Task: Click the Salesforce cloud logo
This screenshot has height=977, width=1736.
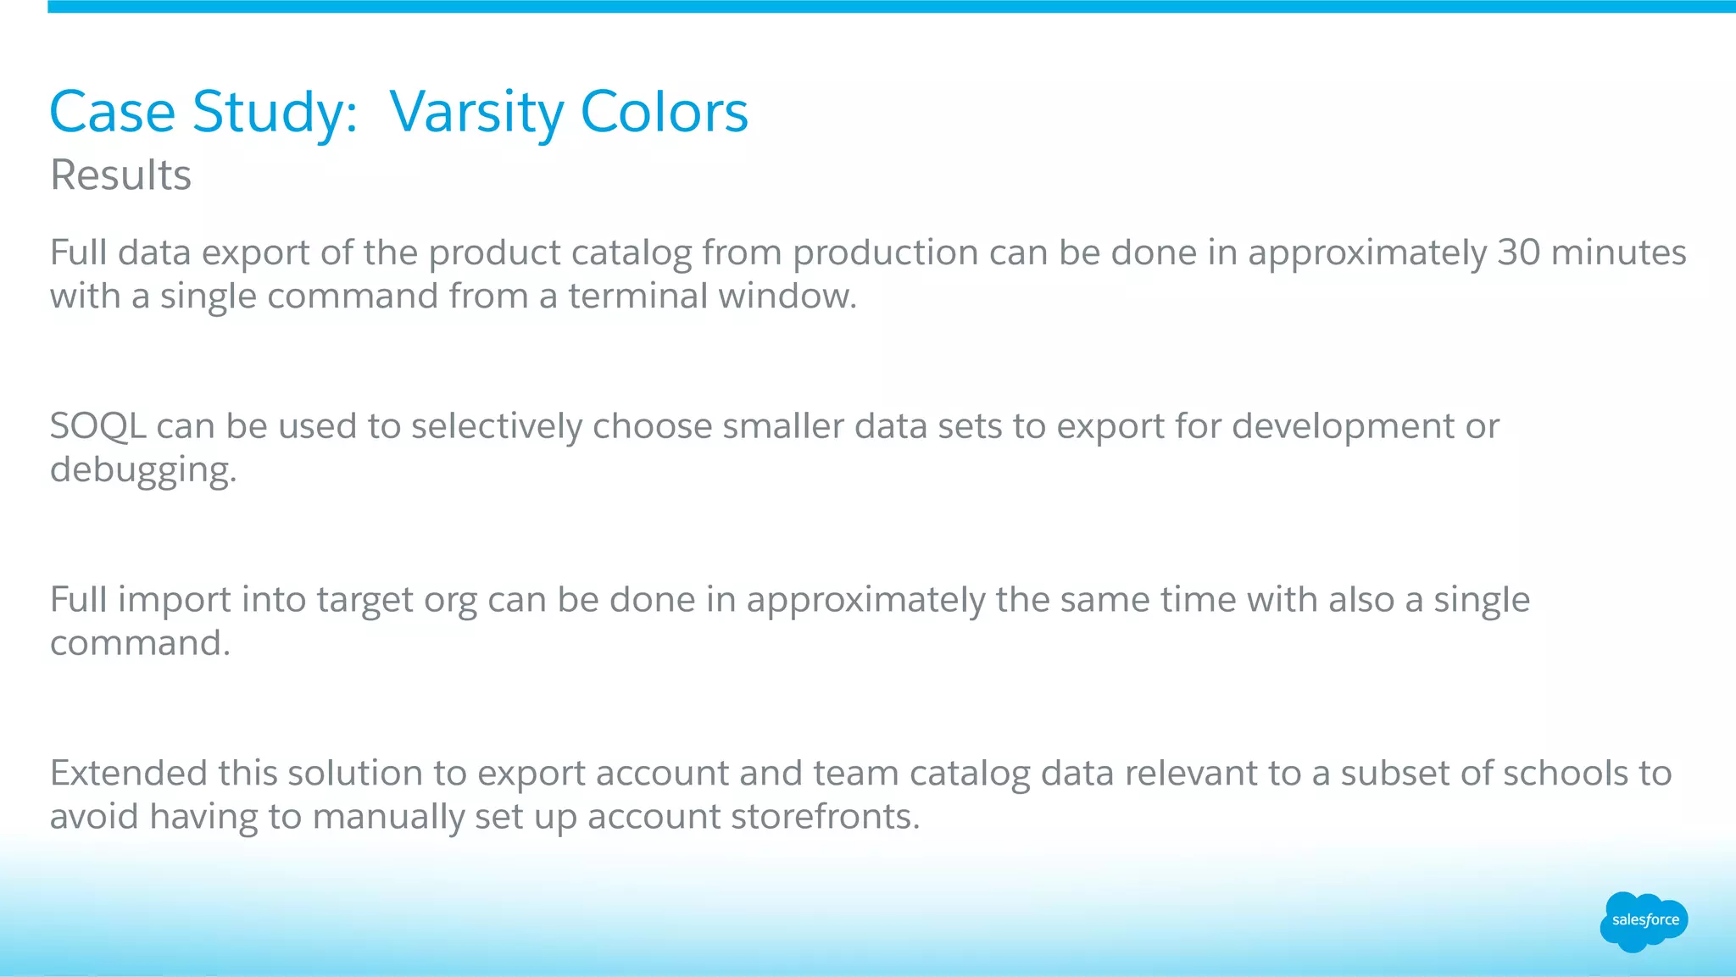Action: click(x=1644, y=920)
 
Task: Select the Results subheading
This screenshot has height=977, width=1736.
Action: click(x=120, y=175)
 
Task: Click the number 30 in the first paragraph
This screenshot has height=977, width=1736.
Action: click(x=1518, y=253)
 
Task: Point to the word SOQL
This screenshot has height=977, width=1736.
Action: click(x=97, y=426)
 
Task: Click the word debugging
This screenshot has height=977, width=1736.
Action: click(x=142, y=470)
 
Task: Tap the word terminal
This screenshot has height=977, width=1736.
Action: click(x=632, y=297)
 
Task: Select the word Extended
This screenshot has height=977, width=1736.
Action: click(x=129, y=773)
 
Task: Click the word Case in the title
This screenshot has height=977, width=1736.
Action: click(x=112, y=112)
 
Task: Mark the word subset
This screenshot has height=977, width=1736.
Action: click(x=1399, y=773)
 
